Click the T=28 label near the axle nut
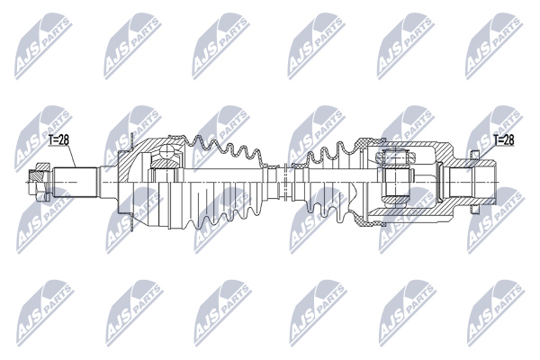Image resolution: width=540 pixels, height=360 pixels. point(58,139)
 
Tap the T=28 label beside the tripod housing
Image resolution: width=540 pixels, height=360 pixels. point(504,139)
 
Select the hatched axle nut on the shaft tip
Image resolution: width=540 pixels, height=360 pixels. point(39,182)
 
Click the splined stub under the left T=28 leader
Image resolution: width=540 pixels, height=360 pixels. point(75,182)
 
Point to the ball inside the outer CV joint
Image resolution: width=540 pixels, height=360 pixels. point(167,151)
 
